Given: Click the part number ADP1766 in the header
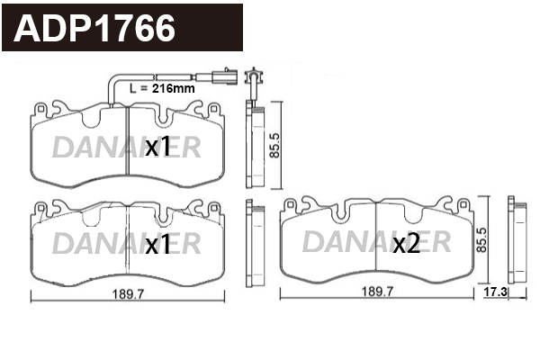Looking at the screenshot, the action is click(x=94, y=28).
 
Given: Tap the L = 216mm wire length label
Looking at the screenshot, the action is click(x=162, y=88).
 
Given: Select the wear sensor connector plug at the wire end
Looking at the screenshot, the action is click(x=226, y=76).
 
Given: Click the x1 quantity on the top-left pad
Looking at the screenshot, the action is click(x=157, y=146).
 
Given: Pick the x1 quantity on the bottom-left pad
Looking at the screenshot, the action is click(x=157, y=244).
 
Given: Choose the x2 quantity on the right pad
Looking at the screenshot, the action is click(x=407, y=244).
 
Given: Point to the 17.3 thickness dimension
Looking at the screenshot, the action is click(x=495, y=292).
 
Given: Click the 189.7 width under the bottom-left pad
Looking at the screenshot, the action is click(x=128, y=294).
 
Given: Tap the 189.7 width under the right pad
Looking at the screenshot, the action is click(x=377, y=292).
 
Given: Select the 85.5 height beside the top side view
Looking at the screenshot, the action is click(x=274, y=146).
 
